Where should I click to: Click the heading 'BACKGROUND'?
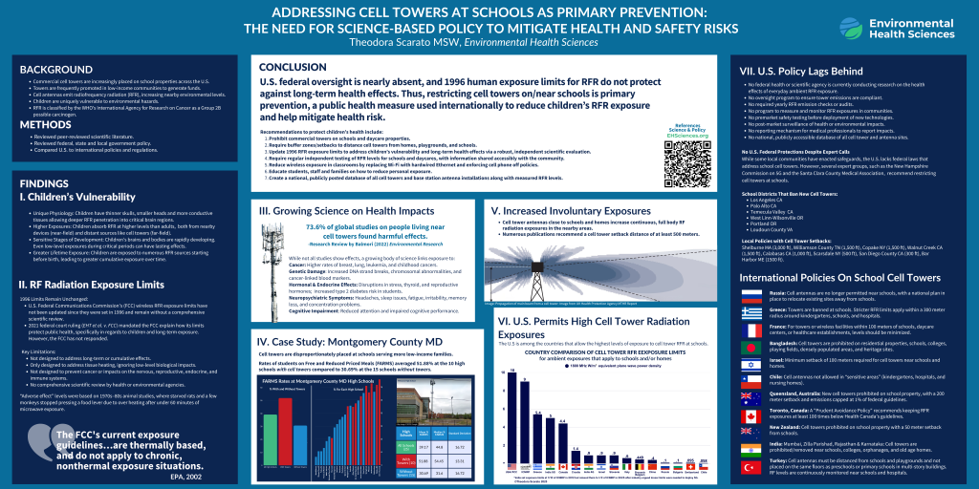point(49,71)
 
